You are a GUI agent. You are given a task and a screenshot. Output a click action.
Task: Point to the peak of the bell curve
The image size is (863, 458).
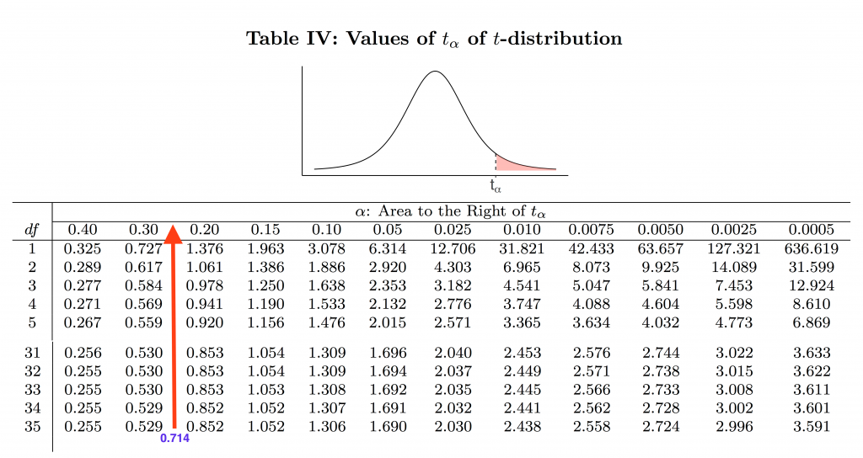[434, 72]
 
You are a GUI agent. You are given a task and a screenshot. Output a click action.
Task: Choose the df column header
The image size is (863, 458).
[31, 230]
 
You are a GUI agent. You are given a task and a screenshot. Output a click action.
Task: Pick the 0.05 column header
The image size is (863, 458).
[389, 230]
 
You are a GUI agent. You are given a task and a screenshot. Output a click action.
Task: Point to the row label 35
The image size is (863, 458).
[33, 426]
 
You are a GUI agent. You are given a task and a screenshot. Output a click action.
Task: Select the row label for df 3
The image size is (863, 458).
[33, 285]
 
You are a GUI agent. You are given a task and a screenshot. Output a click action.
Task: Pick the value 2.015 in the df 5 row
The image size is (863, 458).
[389, 322]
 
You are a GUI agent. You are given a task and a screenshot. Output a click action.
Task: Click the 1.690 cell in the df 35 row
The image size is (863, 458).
[389, 426]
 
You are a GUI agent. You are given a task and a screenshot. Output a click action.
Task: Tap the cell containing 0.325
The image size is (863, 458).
[82, 249]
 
